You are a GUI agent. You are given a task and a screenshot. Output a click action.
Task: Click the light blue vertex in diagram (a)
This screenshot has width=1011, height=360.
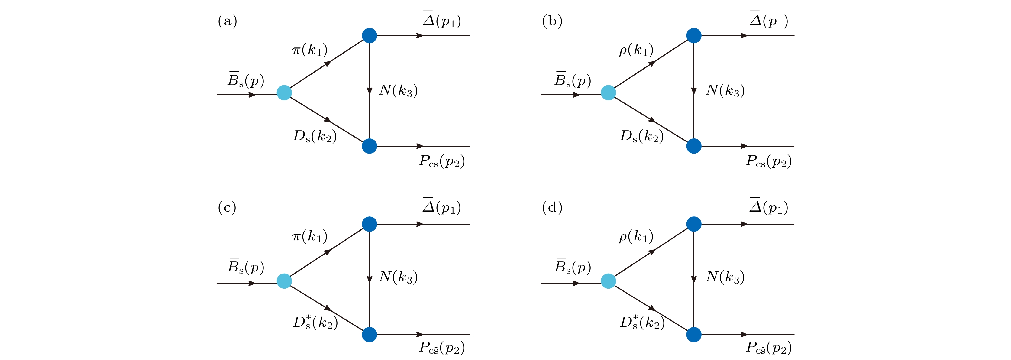point(284,93)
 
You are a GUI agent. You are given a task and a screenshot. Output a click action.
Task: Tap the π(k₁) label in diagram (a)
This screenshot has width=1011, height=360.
point(310,50)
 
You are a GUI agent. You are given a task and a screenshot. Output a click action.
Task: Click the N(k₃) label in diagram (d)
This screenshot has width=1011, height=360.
point(725,277)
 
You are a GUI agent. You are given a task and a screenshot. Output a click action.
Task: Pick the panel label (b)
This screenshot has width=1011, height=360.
point(552,21)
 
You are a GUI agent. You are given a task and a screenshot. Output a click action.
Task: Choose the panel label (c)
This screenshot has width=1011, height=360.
point(227,207)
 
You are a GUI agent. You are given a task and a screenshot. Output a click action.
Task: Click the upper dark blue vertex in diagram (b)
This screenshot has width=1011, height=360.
point(694,35)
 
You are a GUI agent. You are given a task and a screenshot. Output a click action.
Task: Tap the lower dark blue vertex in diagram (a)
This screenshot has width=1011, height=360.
point(369,146)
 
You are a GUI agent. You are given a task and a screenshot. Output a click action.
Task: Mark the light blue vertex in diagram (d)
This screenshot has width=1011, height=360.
point(608,281)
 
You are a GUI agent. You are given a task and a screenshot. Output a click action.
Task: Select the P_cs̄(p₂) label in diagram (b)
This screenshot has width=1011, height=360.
point(768,161)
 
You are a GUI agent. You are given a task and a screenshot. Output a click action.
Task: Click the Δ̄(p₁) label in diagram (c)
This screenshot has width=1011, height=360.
point(441,206)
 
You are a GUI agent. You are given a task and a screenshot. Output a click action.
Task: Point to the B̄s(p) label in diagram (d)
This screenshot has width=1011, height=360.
point(573,267)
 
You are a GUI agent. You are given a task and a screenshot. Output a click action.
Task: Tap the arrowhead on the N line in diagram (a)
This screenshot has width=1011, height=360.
point(369,91)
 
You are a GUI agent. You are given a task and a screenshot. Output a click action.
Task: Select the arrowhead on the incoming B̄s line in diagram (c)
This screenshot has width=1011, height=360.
point(252,283)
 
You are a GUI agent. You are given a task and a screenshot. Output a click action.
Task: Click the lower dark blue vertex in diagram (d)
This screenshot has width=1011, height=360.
point(694,335)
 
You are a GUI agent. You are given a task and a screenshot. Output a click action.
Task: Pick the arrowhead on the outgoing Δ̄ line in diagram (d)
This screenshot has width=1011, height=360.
point(743,224)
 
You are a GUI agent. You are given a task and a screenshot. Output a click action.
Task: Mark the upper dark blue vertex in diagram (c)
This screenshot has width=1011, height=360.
point(369,224)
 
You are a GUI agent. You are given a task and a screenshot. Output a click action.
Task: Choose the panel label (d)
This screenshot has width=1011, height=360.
point(552,207)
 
